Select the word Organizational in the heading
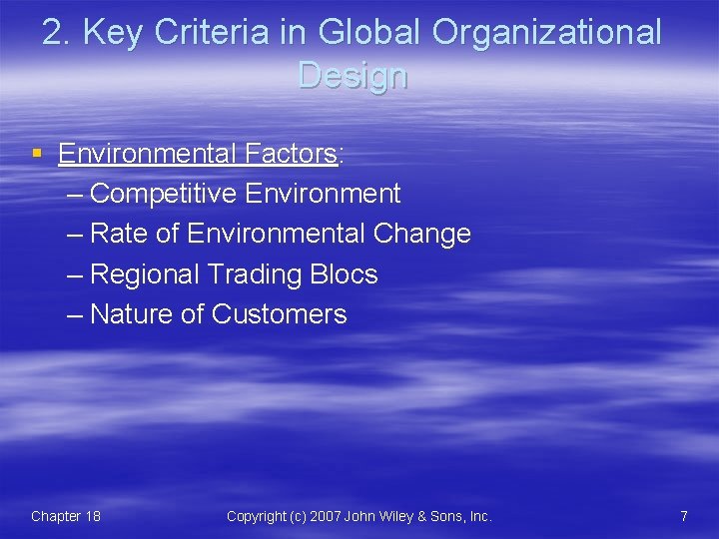point(547,32)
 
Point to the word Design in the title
point(353,75)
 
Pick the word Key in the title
point(113,32)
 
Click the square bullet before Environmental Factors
point(37,154)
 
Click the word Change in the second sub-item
point(421,234)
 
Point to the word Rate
point(118,234)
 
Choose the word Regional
point(144,274)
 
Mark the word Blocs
point(345,274)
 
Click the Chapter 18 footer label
point(65,516)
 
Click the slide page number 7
point(683,516)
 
